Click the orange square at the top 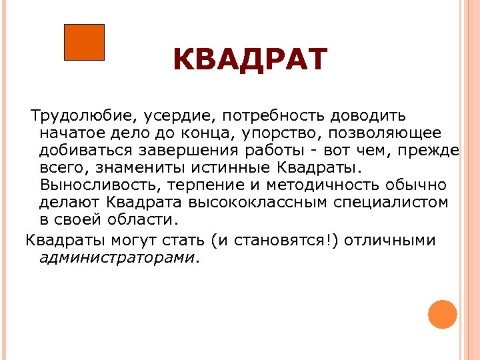pos(84,42)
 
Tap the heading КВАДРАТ pos(250,59)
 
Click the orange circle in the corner pos(442,314)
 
